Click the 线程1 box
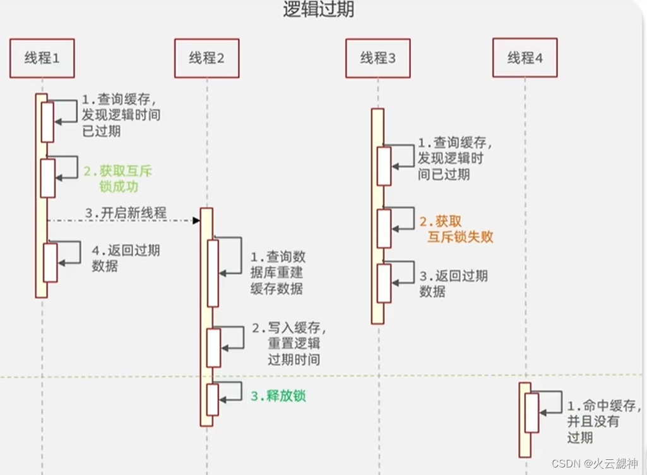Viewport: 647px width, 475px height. coord(42,58)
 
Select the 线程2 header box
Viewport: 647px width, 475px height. coord(206,59)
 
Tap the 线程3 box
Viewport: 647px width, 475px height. coord(378,59)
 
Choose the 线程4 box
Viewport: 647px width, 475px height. coord(525,59)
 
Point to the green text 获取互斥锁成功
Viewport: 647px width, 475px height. coord(118,179)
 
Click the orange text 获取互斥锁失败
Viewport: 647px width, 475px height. coord(456,229)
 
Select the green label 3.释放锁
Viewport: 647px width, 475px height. coord(278,396)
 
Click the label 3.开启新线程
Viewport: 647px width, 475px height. coord(126,213)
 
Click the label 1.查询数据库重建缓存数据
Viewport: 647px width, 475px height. coord(277,273)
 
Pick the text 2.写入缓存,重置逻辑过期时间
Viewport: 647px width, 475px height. coord(289,343)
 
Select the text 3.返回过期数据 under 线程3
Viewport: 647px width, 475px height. coord(453,283)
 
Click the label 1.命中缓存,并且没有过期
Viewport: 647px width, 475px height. coord(603,421)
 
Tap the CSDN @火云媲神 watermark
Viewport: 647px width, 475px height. coord(595,464)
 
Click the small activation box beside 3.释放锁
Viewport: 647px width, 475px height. coord(213,400)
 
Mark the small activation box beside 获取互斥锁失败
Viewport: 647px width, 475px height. coord(384,228)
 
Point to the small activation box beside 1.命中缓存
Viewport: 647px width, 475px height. coord(532,413)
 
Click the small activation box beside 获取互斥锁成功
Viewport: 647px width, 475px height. coord(48,178)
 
